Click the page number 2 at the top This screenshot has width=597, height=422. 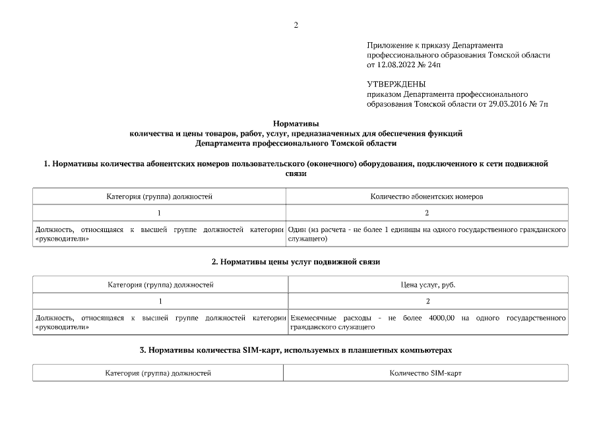point(296,25)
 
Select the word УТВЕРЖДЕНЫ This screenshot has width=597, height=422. point(396,84)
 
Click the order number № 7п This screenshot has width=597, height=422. point(539,104)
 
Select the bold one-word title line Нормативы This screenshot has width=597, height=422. point(296,123)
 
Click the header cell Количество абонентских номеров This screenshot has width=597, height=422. point(427,196)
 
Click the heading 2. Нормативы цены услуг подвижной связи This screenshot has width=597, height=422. point(296,262)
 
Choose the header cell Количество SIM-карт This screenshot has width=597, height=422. point(425,373)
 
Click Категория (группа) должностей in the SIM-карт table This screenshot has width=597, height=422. point(158,373)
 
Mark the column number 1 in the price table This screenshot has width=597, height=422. point(160,301)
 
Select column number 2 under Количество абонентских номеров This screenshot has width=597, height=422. point(427,213)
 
